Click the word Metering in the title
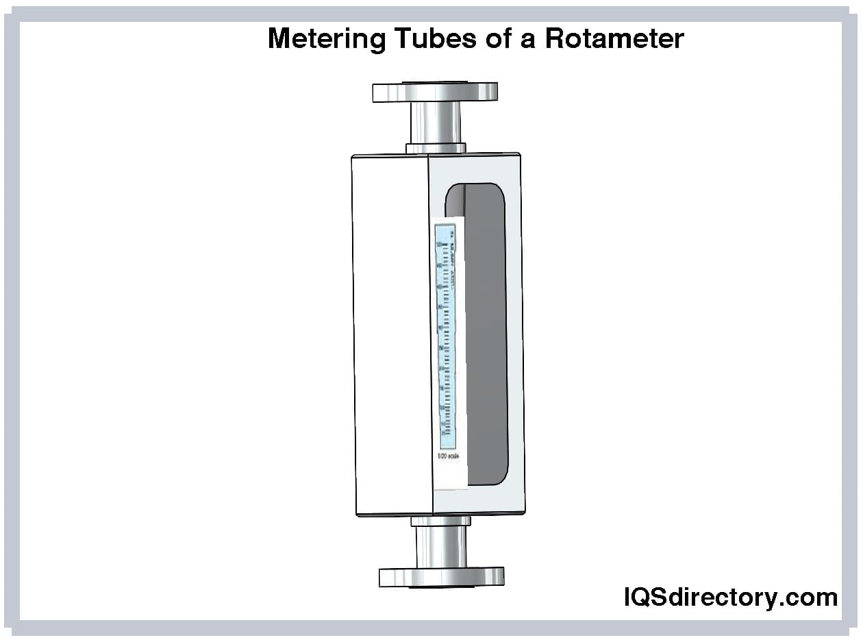point(327,39)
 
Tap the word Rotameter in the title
point(614,39)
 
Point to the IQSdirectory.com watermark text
point(730,597)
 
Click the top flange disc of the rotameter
point(435,92)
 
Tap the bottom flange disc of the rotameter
point(441,577)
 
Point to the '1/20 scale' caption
point(449,456)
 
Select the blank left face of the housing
point(390,336)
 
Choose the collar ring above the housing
point(436,148)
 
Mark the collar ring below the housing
point(440,521)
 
